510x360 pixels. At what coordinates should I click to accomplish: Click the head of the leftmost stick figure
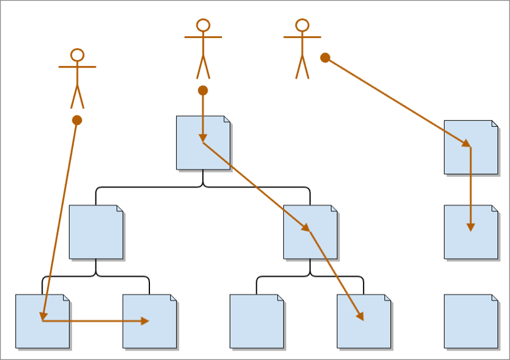[77, 55]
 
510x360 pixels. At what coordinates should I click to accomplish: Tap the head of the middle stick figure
[203, 25]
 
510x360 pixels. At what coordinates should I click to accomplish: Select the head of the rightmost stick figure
[302, 25]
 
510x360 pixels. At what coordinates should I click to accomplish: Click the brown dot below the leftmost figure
[77, 120]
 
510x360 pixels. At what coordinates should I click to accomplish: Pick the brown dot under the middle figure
[203, 90]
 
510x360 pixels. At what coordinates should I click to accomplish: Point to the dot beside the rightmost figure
[325, 57]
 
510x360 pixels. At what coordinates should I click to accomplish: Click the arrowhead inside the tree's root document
[203, 138]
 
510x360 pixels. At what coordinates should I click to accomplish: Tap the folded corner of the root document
[227, 119]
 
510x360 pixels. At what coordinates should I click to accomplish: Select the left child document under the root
[96, 232]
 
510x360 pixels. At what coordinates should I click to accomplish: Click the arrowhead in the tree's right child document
[307, 228]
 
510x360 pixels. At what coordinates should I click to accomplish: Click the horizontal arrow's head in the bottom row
[145, 321]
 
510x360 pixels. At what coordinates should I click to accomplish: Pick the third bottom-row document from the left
[257, 321]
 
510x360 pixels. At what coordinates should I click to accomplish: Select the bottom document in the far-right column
[471, 321]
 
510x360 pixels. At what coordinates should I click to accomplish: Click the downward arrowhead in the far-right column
[470, 227]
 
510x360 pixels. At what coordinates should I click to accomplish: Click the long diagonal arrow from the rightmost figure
[398, 102]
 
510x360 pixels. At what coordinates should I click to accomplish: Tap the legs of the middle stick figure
[203, 68]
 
